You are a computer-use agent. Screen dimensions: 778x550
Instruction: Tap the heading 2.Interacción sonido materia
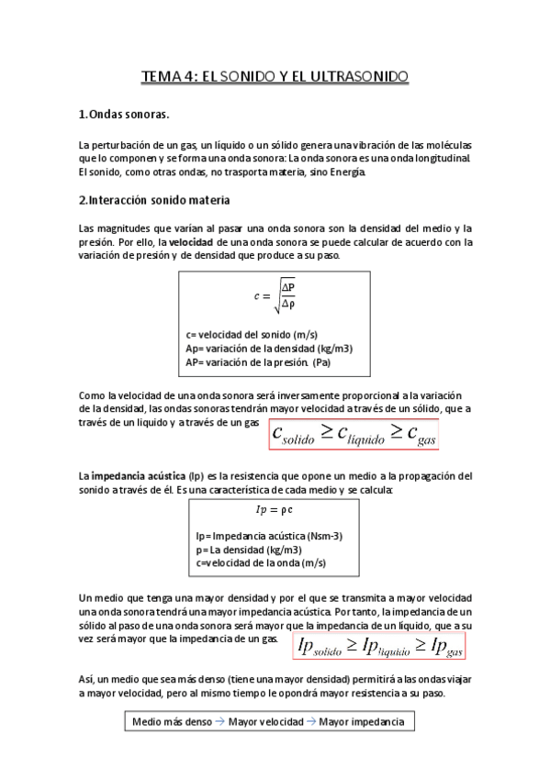(x=154, y=199)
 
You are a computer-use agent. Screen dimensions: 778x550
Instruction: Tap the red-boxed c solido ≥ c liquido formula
(x=354, y=434)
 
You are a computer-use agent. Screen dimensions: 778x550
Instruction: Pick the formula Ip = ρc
(x=273, y=508)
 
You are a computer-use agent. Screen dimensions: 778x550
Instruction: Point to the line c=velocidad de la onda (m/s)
(x=261, y=561)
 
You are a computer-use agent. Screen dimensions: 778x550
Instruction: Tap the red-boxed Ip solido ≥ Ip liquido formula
(x=380, y=646)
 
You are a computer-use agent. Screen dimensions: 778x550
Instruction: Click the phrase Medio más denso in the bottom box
(x=172, y=722)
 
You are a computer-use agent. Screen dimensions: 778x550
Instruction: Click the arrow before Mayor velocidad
(x=220, y=722)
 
